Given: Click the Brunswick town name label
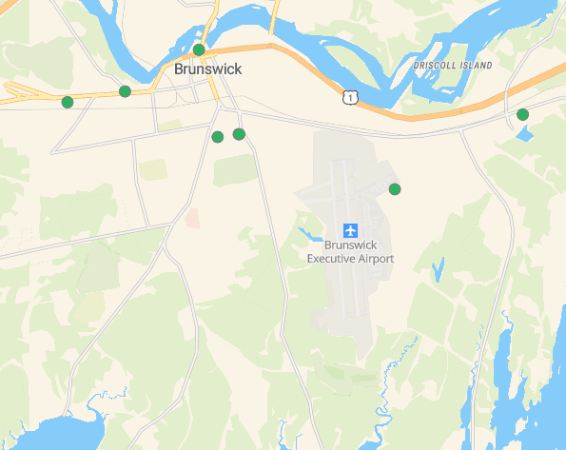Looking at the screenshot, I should pos(207,69).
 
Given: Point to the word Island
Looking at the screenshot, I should pos(474,66).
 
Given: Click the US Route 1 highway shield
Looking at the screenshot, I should pos(351,97).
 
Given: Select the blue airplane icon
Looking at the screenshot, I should pos(350,230).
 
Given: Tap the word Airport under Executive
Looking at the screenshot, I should pos(376,258).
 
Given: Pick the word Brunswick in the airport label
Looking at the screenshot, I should pos(350,245).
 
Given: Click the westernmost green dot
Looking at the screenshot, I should pos(67,102).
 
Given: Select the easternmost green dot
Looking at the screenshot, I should pos(522,115).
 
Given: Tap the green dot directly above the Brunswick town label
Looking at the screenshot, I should pos(199,49).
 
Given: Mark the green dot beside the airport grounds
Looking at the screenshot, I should pos(395,189).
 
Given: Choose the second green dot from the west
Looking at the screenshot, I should pos(125,91).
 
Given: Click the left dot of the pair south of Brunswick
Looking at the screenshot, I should pos(217,137).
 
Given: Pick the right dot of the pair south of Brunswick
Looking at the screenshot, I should pos(239,134).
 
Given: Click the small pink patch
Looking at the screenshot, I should pos(192,217).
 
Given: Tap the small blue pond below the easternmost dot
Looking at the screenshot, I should pos(523,133).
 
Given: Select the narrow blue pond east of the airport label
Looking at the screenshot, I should pos(438,269).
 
